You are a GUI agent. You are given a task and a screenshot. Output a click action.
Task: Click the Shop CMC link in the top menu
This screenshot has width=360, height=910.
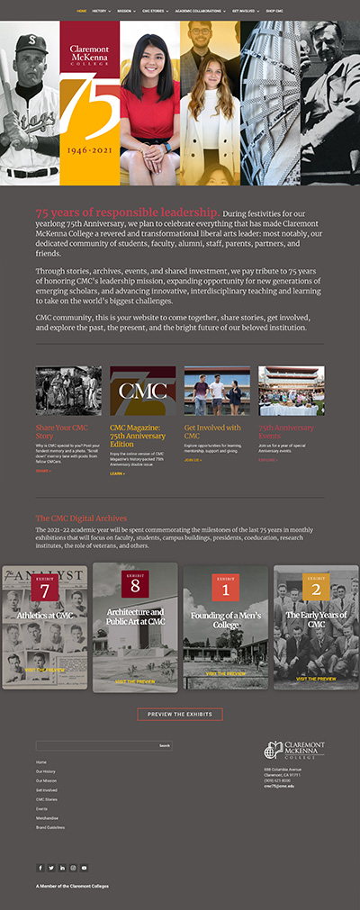tap(274, 11)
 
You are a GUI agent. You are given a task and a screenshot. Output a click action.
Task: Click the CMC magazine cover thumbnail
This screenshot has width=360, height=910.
tap(142, 390)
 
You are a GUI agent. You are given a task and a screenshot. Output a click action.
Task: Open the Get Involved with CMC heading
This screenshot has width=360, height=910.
tap(212, 431)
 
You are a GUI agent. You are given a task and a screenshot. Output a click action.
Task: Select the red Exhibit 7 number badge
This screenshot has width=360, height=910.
tap(45, 588)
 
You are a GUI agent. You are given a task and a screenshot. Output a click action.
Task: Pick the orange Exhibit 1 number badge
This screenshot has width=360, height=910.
tap(225, 588)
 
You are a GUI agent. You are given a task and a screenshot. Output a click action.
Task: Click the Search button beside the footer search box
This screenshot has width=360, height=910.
tap(164, 745)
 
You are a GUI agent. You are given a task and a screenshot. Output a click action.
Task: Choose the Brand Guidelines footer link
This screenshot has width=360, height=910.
tap(50, 827)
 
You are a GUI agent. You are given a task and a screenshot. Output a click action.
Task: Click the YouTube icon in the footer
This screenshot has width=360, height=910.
tap(84, 868)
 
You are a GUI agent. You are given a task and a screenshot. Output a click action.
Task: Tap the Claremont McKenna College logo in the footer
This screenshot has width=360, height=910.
tap(293, 751)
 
